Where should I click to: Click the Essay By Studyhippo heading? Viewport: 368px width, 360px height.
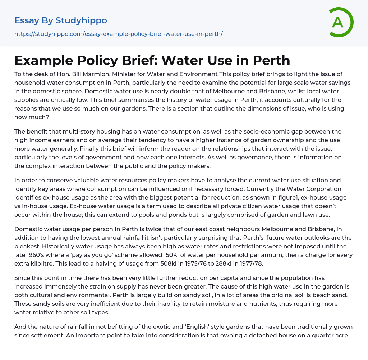tap(61, 20)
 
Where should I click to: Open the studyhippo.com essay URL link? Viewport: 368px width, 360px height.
tap(119, 34)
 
